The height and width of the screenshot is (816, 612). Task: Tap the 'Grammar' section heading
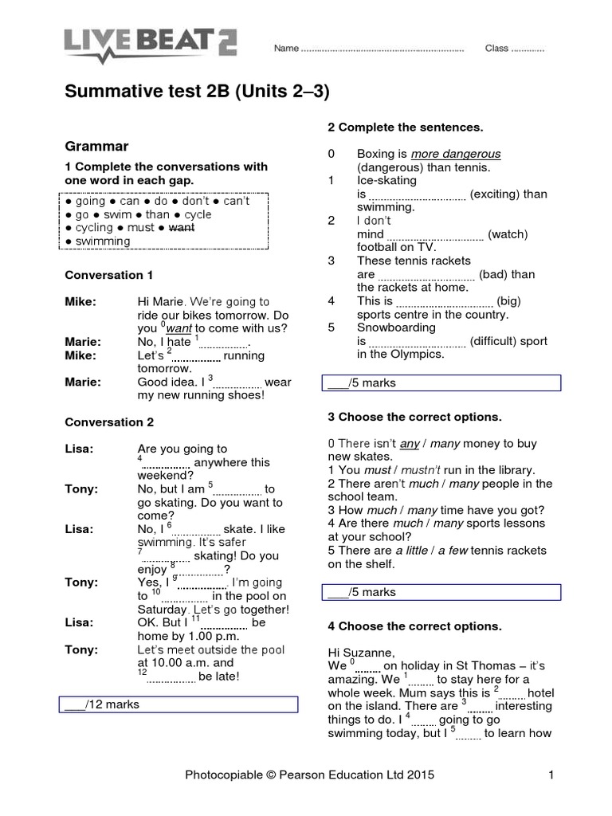click(96, 147)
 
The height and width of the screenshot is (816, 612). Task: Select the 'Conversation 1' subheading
click(109, 275)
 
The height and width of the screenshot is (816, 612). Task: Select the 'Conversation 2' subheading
click(109, 422)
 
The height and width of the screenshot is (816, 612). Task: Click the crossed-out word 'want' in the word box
click(182, 227)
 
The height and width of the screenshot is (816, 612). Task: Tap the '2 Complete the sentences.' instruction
click(406, 127)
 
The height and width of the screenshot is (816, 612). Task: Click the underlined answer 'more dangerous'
click(456, 154)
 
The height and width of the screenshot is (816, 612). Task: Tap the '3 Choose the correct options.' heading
click(415, 417)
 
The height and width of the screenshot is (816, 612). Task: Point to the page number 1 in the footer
click(551, 773)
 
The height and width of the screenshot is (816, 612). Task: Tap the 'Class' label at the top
click(496, 49)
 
